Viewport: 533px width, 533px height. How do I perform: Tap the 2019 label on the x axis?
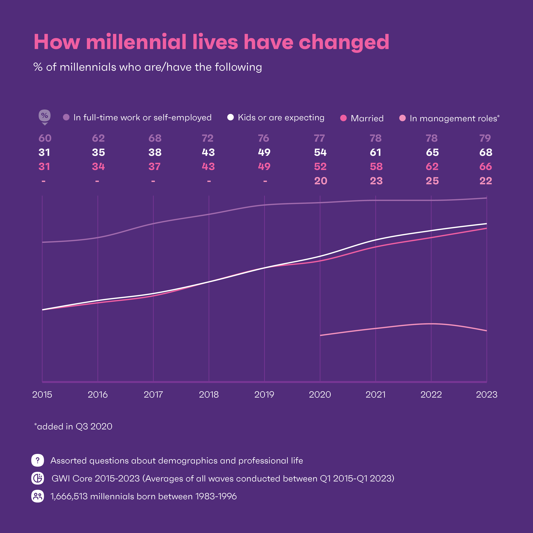(x=264, y=395)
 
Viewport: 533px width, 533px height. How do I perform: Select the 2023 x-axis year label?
(x=487, y=395)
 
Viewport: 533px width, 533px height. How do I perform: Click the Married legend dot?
(x=343, y=118)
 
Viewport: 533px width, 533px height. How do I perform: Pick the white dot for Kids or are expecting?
(x=230, y=117)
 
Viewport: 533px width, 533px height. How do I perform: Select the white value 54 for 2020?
(x=320, y=152)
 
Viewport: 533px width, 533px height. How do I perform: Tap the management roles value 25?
(x=432, y=181)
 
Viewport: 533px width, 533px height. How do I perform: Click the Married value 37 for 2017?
(x=155, y=166)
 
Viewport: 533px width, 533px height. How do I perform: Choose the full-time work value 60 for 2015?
(x=45, y=138)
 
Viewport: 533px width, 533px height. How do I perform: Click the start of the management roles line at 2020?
(x=320, y=335)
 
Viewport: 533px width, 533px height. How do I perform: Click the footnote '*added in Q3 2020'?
(x=73, y=426)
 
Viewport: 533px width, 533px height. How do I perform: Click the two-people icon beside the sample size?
(x=38, y=496)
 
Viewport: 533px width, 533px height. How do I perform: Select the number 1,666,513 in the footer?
(x=69, y=496)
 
